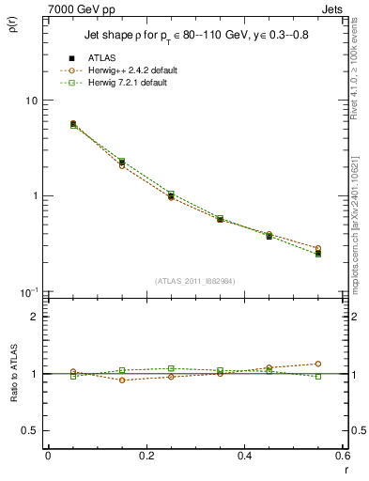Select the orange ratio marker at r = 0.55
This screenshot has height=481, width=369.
click(318, 364)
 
